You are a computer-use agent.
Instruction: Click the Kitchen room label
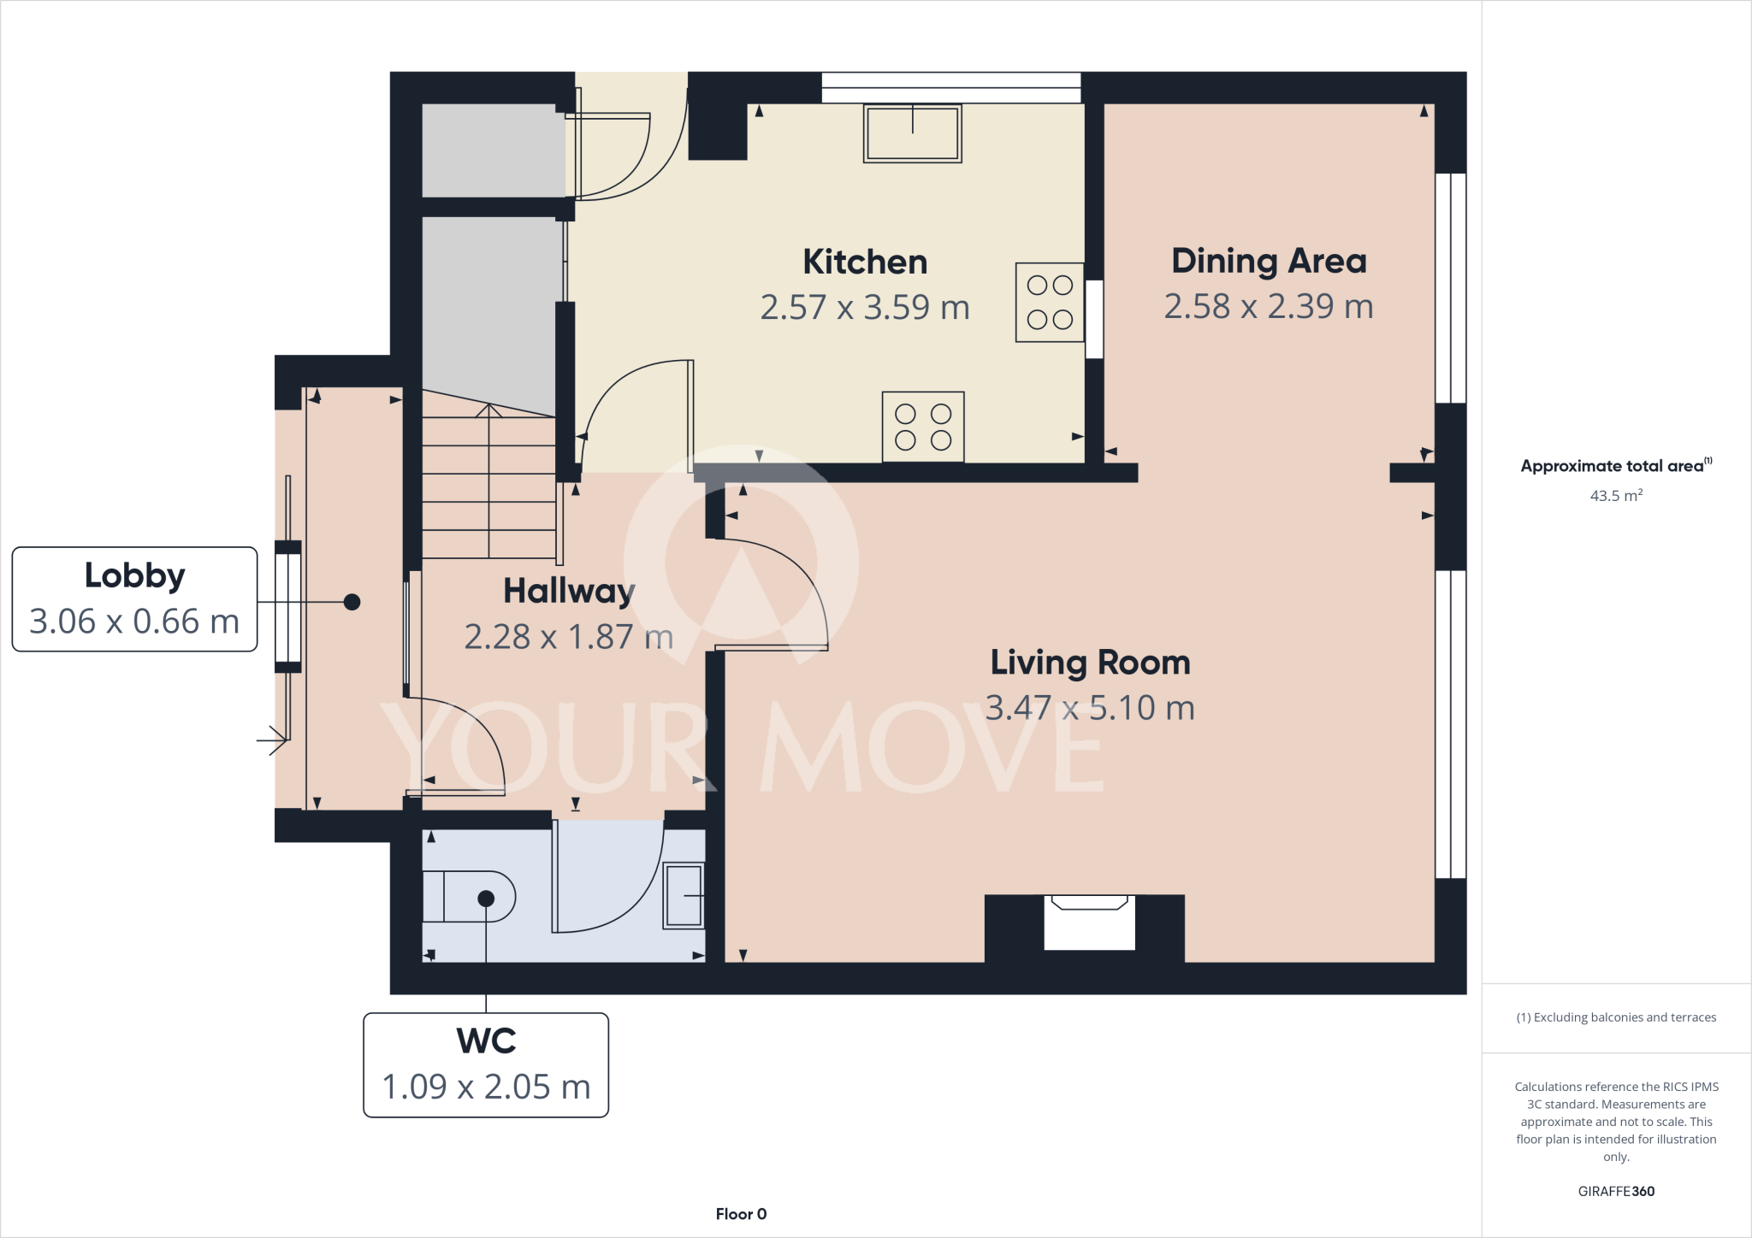(x=864, y=262)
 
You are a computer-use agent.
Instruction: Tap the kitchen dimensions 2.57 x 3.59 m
(x=864, y=307)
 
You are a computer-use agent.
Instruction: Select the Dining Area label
(x=1268, y=261)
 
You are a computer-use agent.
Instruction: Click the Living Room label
(x=1090, y=663)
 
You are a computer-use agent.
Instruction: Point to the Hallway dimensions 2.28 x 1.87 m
(x=568, y=637)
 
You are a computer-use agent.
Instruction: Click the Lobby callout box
(x=134, y=598)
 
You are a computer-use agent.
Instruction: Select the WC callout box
(x=486, y=1064)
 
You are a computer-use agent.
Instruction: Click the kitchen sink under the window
(x=912, y=133)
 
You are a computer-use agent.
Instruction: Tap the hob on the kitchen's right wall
(x=1050, y=302)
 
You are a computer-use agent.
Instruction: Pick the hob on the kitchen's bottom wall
(x=923, y=427)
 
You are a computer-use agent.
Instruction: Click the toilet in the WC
(x=470, y=897)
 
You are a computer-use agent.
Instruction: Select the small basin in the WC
(x=684, y=895)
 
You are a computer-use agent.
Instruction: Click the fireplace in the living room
(x=1088, y=922)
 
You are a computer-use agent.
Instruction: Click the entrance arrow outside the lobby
(x=272, y=740)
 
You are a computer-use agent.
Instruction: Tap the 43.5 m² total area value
(x=1615, y=496)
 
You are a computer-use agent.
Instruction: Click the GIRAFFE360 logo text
(x=1615, y=1191)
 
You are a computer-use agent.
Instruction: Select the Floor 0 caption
(x=741, y=1214)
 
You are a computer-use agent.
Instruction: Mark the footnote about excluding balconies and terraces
(x=1615, y=1017)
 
